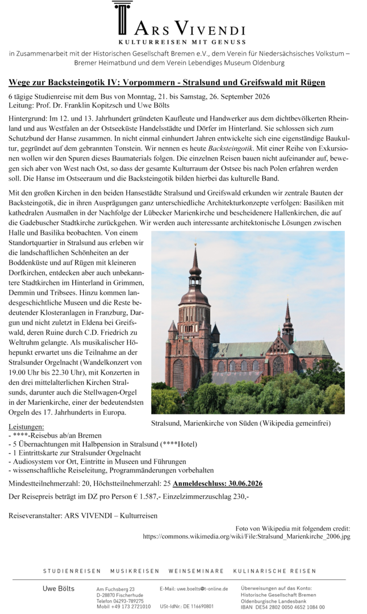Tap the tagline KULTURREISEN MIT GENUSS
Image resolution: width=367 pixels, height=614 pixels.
pyautogui.click(x=182, y=42)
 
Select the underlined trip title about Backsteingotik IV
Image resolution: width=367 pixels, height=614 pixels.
pyautogui.click(x=167, y=83)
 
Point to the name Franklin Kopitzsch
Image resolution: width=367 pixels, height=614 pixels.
pyautogui.click(x=91, y=106)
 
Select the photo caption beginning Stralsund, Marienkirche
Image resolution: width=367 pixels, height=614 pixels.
pyautogui.click(x=240, y=424)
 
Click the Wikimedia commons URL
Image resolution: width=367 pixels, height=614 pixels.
pyautogui.click(x=246, y=536)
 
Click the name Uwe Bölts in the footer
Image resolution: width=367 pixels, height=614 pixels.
pyautogui.click(x=59, y=589)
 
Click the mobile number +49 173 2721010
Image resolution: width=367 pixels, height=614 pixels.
pyautogui.click(x=124, y=607)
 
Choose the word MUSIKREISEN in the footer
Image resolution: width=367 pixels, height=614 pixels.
pyautogui.click(x=135, y=571)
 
